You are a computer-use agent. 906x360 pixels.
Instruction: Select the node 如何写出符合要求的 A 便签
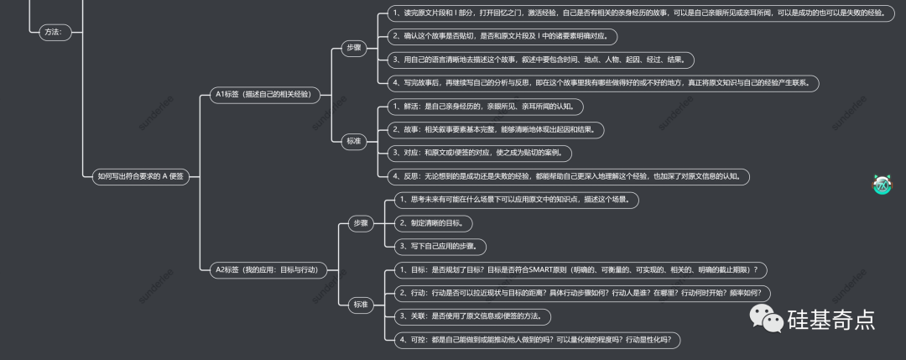coord(140,176)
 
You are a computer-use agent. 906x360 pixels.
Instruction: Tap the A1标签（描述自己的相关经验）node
coord(263,95)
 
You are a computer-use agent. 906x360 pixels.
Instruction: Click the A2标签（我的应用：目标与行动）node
coord(267,269)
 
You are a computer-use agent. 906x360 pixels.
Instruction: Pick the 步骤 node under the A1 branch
coord(353,49)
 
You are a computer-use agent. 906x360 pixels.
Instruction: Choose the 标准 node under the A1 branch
coord(353,141)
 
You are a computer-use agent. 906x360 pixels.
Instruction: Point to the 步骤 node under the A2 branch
coord(361,223)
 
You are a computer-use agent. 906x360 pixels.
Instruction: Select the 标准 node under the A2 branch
coord(361,305)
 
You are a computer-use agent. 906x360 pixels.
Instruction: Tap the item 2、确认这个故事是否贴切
coord(502,36)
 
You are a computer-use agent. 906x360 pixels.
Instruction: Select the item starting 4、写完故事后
coord(602,83)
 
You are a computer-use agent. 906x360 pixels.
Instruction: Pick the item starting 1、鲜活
coord(485,107)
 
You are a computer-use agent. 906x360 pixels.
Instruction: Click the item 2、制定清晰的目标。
coord(435,223)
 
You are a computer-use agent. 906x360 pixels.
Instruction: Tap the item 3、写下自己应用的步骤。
coord(441,247)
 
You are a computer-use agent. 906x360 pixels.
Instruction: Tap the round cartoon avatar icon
coord(882,185)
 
